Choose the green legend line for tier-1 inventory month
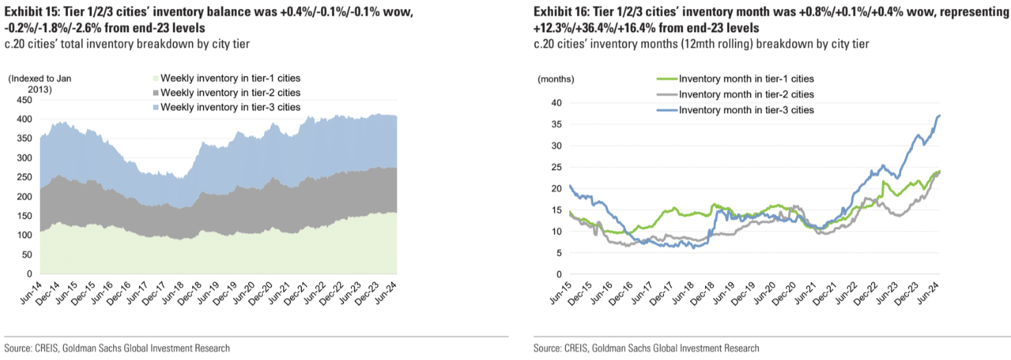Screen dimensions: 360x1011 [x=666, y=80]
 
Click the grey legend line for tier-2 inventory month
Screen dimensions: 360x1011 [x=666, y=95]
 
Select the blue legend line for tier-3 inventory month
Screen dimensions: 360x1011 [x=666, y=110]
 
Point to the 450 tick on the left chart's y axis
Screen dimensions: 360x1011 [x=24, y=100]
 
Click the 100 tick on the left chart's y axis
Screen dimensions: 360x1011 [x=24, y=235]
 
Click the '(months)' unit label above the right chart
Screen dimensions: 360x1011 [x=556, y=80]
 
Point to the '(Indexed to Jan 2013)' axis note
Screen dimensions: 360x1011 [x=39, y=84]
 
